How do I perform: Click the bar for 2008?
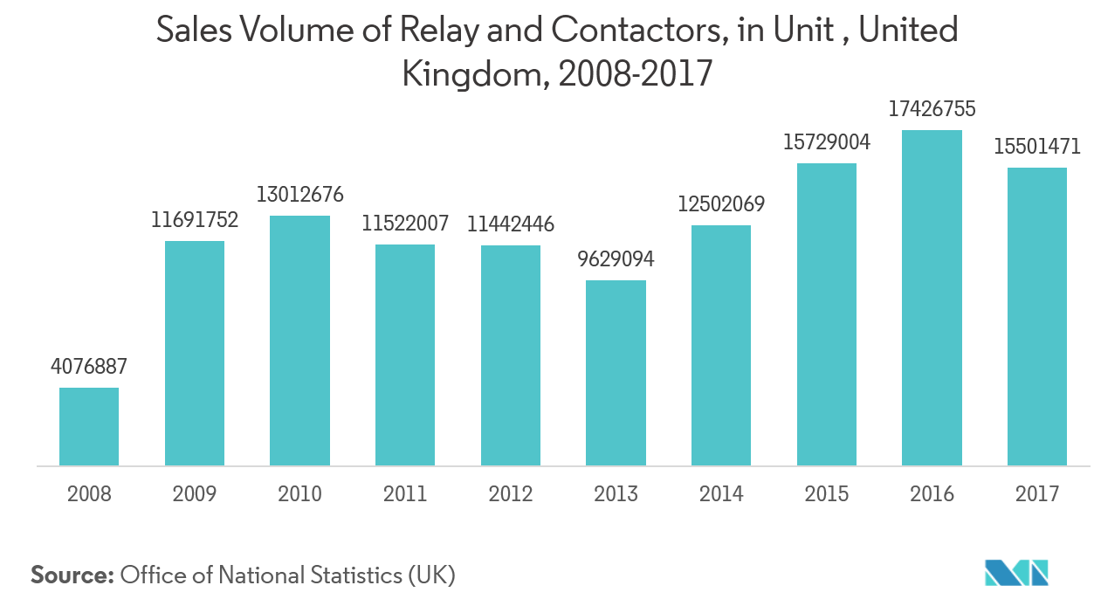coord(89,426)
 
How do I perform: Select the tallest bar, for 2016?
coord(932,298)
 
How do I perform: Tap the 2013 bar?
coord(616,373)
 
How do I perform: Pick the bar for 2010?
coord(299,341)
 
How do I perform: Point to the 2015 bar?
coord(826,314)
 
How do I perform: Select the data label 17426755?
coord(932,110)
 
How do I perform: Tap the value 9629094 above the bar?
coord(616,259)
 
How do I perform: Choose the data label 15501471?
coord(1037,147)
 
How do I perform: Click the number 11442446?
coord(510,224)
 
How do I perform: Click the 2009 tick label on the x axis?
coord(195,494)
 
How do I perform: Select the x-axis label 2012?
coord(510,494)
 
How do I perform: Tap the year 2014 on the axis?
coord(721,494)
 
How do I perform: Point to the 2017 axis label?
coord(1037,494)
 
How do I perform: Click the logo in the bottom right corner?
coord(1015,572)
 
